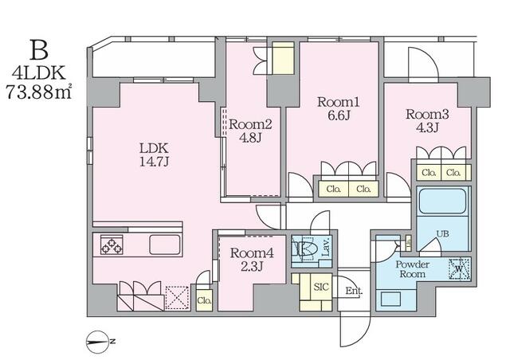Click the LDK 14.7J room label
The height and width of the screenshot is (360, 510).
(x=154, y=155)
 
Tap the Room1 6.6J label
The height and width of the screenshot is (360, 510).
(x=338, y=108)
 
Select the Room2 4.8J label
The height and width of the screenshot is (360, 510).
(x=250, y=131)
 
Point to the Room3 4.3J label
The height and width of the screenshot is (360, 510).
(x=427, y=120)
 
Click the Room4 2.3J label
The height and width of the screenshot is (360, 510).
(x=252, y=260)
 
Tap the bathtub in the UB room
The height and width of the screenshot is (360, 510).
(x=442, y=202)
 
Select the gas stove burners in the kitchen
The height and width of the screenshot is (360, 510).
(x=112, y=245)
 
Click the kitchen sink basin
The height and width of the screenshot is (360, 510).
(x=165, y=245)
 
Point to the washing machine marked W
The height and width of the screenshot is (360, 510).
(x=459, y=269)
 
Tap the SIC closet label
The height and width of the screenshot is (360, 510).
(x=321, y=287)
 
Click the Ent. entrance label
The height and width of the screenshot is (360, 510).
(x=354, y=291)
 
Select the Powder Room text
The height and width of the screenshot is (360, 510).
(x=413, y=269)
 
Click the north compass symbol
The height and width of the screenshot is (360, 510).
(x=97, y=342)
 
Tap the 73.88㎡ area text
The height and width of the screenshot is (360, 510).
(x=39, y=92)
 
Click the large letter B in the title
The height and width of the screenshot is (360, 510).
(x=39, y=50)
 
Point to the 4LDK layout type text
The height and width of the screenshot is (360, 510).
(x=39, y=73)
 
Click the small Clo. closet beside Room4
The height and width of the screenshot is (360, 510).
(x=205, y=300)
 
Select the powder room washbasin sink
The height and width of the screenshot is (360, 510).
(x=390, y=299)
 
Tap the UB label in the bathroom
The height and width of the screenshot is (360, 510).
(x=443, y=233)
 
